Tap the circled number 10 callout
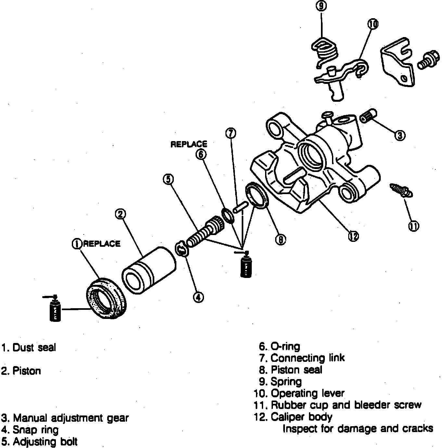coord(373,24)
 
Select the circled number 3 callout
coord(400,135)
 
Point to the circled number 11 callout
coord(413,226)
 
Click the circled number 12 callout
coord(353,236)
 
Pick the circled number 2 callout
coord(121,214)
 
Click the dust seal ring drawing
coord(108,298)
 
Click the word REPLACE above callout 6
coord(189,144)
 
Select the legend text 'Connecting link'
coord(307,358)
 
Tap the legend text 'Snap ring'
coord(35,430)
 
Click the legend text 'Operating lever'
coord(307,393)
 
